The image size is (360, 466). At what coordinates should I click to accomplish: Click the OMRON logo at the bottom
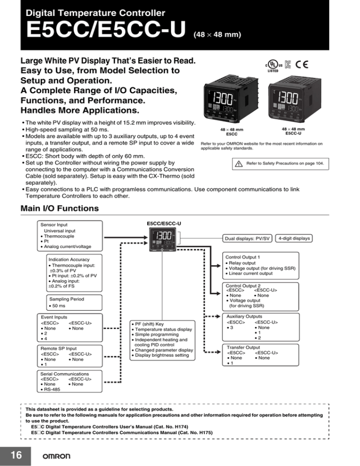(x=57, y=456)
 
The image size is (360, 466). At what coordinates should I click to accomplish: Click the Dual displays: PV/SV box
(x=248, y=239)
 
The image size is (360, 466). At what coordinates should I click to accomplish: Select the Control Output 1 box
(x=265, y=264)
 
